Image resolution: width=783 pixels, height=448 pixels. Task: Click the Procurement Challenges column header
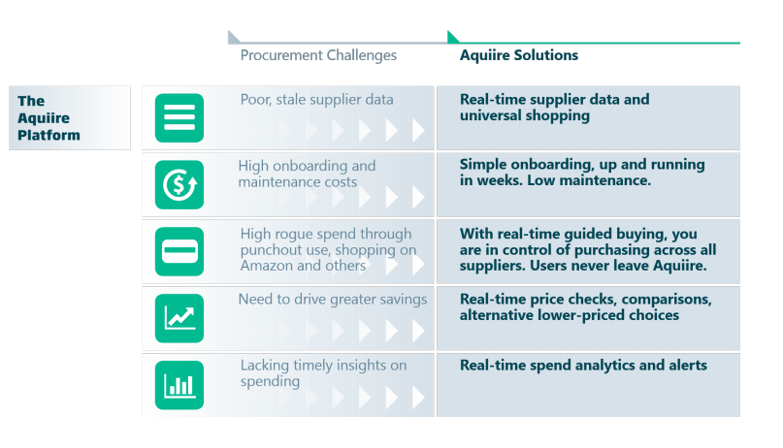click(318, 55)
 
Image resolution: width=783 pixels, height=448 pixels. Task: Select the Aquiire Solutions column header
click(519, 55)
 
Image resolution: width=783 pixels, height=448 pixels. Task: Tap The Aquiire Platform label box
click(70, 117)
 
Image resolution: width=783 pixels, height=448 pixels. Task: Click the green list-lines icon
click(179, 117)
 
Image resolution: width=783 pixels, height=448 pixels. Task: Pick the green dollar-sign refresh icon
click(179, 184)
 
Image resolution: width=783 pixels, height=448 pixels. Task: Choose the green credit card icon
click(179, 251)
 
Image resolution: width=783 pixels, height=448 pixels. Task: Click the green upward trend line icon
click(179, 318)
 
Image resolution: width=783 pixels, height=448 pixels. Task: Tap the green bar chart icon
click(179, 385)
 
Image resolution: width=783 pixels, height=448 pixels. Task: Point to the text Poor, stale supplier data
click(316, 100)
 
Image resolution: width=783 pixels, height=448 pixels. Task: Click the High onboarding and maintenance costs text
click(307, 174)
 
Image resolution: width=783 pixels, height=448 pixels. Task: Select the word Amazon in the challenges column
click(267, 266)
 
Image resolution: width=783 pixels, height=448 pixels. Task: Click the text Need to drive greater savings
click(333, 300)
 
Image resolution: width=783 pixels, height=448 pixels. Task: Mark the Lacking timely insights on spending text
click(323, 372)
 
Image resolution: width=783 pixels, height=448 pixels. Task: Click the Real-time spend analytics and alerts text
click(583, 366)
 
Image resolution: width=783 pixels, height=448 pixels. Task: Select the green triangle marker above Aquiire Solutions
click(453, 37)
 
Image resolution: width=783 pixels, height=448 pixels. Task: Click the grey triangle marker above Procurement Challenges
click(233, 37)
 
